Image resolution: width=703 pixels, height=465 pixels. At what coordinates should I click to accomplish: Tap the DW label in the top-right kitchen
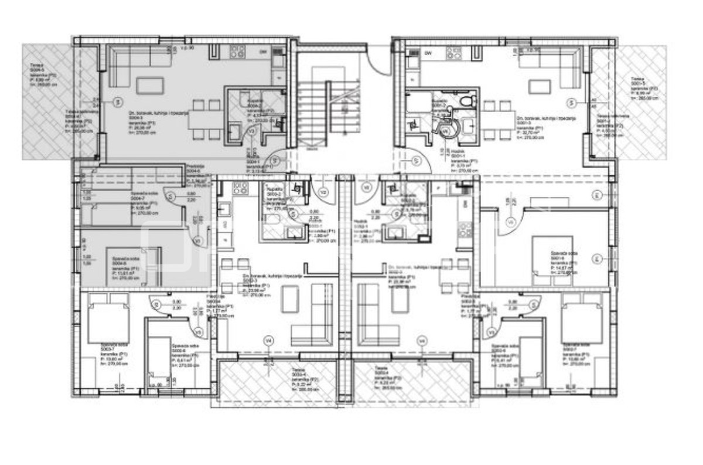point(429,53)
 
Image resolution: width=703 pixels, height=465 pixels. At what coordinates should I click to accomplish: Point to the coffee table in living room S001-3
point(538,86)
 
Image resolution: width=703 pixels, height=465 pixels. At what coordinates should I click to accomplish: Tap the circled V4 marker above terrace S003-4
point(268,340)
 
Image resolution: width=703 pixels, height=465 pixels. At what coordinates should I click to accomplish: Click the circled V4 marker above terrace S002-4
point(421,340)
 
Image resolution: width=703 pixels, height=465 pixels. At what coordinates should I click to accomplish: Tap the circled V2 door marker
point(323,192)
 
